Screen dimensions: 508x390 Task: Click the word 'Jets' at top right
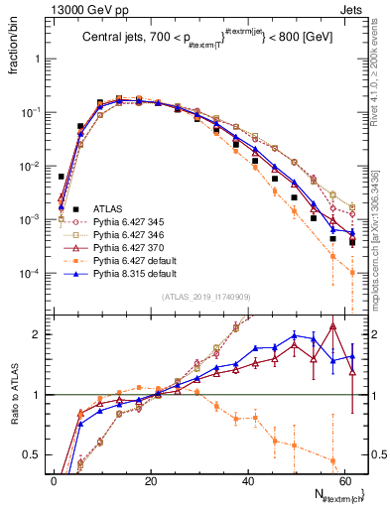[x=354, y=8]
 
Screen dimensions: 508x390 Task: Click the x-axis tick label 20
[x=151, y=479]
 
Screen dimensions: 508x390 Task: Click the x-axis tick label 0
[x=54, y=479]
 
